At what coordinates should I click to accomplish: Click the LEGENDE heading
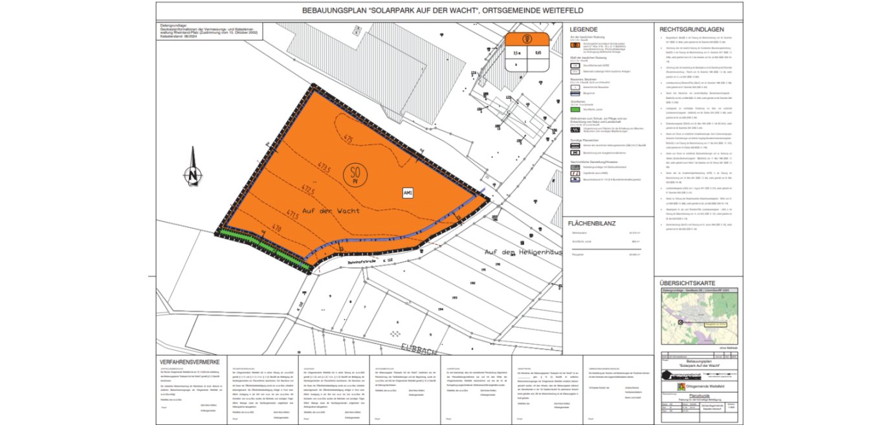point(583,30)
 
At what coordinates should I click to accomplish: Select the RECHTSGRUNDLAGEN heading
point(691,30)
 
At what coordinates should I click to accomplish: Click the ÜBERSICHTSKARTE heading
point(688,283)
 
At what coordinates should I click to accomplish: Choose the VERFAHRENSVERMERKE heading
point(190,362)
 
